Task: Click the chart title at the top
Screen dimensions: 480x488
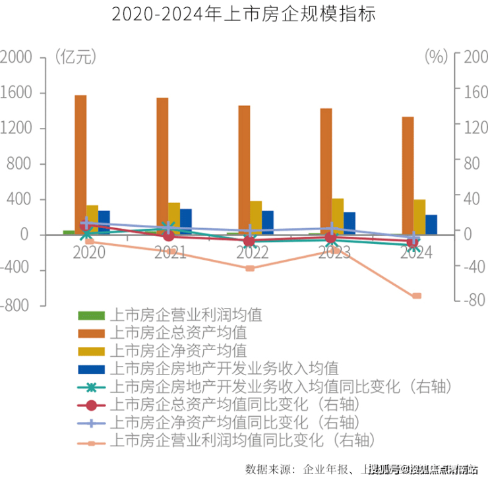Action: click(243, 15)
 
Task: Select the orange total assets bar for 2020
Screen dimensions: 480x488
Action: click(80, 164)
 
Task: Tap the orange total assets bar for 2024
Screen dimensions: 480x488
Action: click(408, 175)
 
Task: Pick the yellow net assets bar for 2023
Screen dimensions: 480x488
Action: click(338, 216)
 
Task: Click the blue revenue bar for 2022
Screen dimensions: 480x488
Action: click(267, 222)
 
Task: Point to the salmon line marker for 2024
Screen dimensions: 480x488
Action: click(417, 296)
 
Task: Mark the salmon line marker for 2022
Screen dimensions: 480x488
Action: click(250, 268)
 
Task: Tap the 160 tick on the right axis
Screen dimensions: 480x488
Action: click(473, 93)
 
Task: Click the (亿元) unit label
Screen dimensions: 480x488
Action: click(76, 57)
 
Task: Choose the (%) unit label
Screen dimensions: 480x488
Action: click(436, 57)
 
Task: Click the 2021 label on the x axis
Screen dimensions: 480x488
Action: click(170, 253)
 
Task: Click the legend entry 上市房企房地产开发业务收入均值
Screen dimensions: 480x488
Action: click(224, 367)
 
